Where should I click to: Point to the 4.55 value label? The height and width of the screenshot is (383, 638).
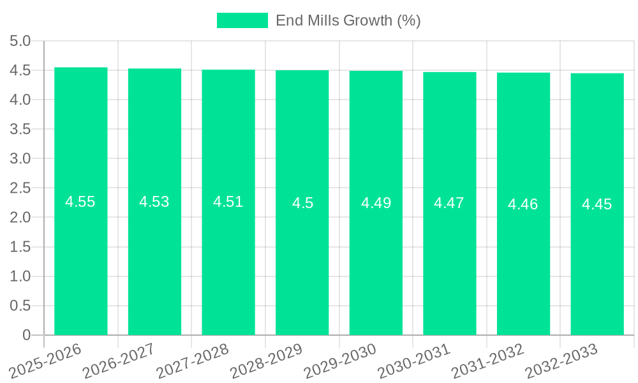80,202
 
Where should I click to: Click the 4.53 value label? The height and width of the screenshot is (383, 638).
154,202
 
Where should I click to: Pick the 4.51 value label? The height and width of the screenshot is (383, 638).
228,202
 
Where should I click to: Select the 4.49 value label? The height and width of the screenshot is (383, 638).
376,203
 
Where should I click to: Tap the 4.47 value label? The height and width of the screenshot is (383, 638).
449,203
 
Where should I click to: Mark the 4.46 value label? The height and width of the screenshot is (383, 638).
523,204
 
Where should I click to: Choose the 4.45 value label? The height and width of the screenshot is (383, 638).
597,204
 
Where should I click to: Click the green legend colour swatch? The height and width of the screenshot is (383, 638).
242,20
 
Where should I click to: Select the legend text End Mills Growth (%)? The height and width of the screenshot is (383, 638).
348,20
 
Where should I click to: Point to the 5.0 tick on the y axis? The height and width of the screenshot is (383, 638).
20,41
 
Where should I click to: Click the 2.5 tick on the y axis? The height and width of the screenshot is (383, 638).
20,188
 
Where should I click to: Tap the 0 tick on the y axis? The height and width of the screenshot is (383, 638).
26,335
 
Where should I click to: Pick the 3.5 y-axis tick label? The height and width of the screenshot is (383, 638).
20,130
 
